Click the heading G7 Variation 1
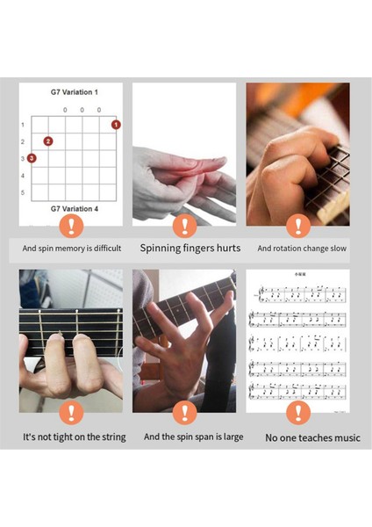(75, 92)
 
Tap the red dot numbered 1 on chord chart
(115, 125)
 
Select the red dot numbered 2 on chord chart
(48, 141)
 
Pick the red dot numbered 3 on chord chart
(32, 158)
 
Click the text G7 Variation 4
(75, 209)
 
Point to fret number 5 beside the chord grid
(22, 192)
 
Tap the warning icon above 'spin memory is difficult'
(71, 226)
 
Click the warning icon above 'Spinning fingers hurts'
(184, 226)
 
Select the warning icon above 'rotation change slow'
(298, 226)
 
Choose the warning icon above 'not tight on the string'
(71, 412)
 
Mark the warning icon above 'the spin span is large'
(184, 412)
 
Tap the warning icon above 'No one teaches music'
(298, 412)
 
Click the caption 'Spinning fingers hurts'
(190, 249)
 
